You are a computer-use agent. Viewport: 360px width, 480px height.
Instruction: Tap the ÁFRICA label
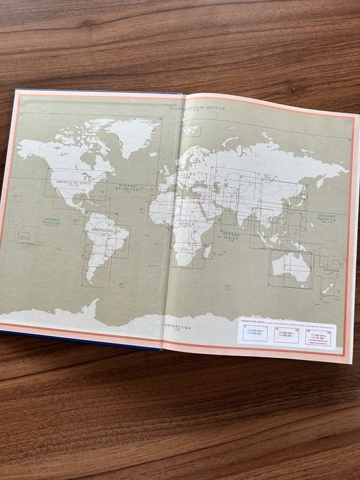tap(186, 224)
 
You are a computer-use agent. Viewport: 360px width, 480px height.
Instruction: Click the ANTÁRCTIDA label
tap(178, 327)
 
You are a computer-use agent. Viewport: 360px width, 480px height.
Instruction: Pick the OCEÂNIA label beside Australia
tap(331, 270)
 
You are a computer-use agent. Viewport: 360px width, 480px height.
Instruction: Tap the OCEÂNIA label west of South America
tap(27, 243)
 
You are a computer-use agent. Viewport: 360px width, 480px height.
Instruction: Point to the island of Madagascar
tap(208, 252)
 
